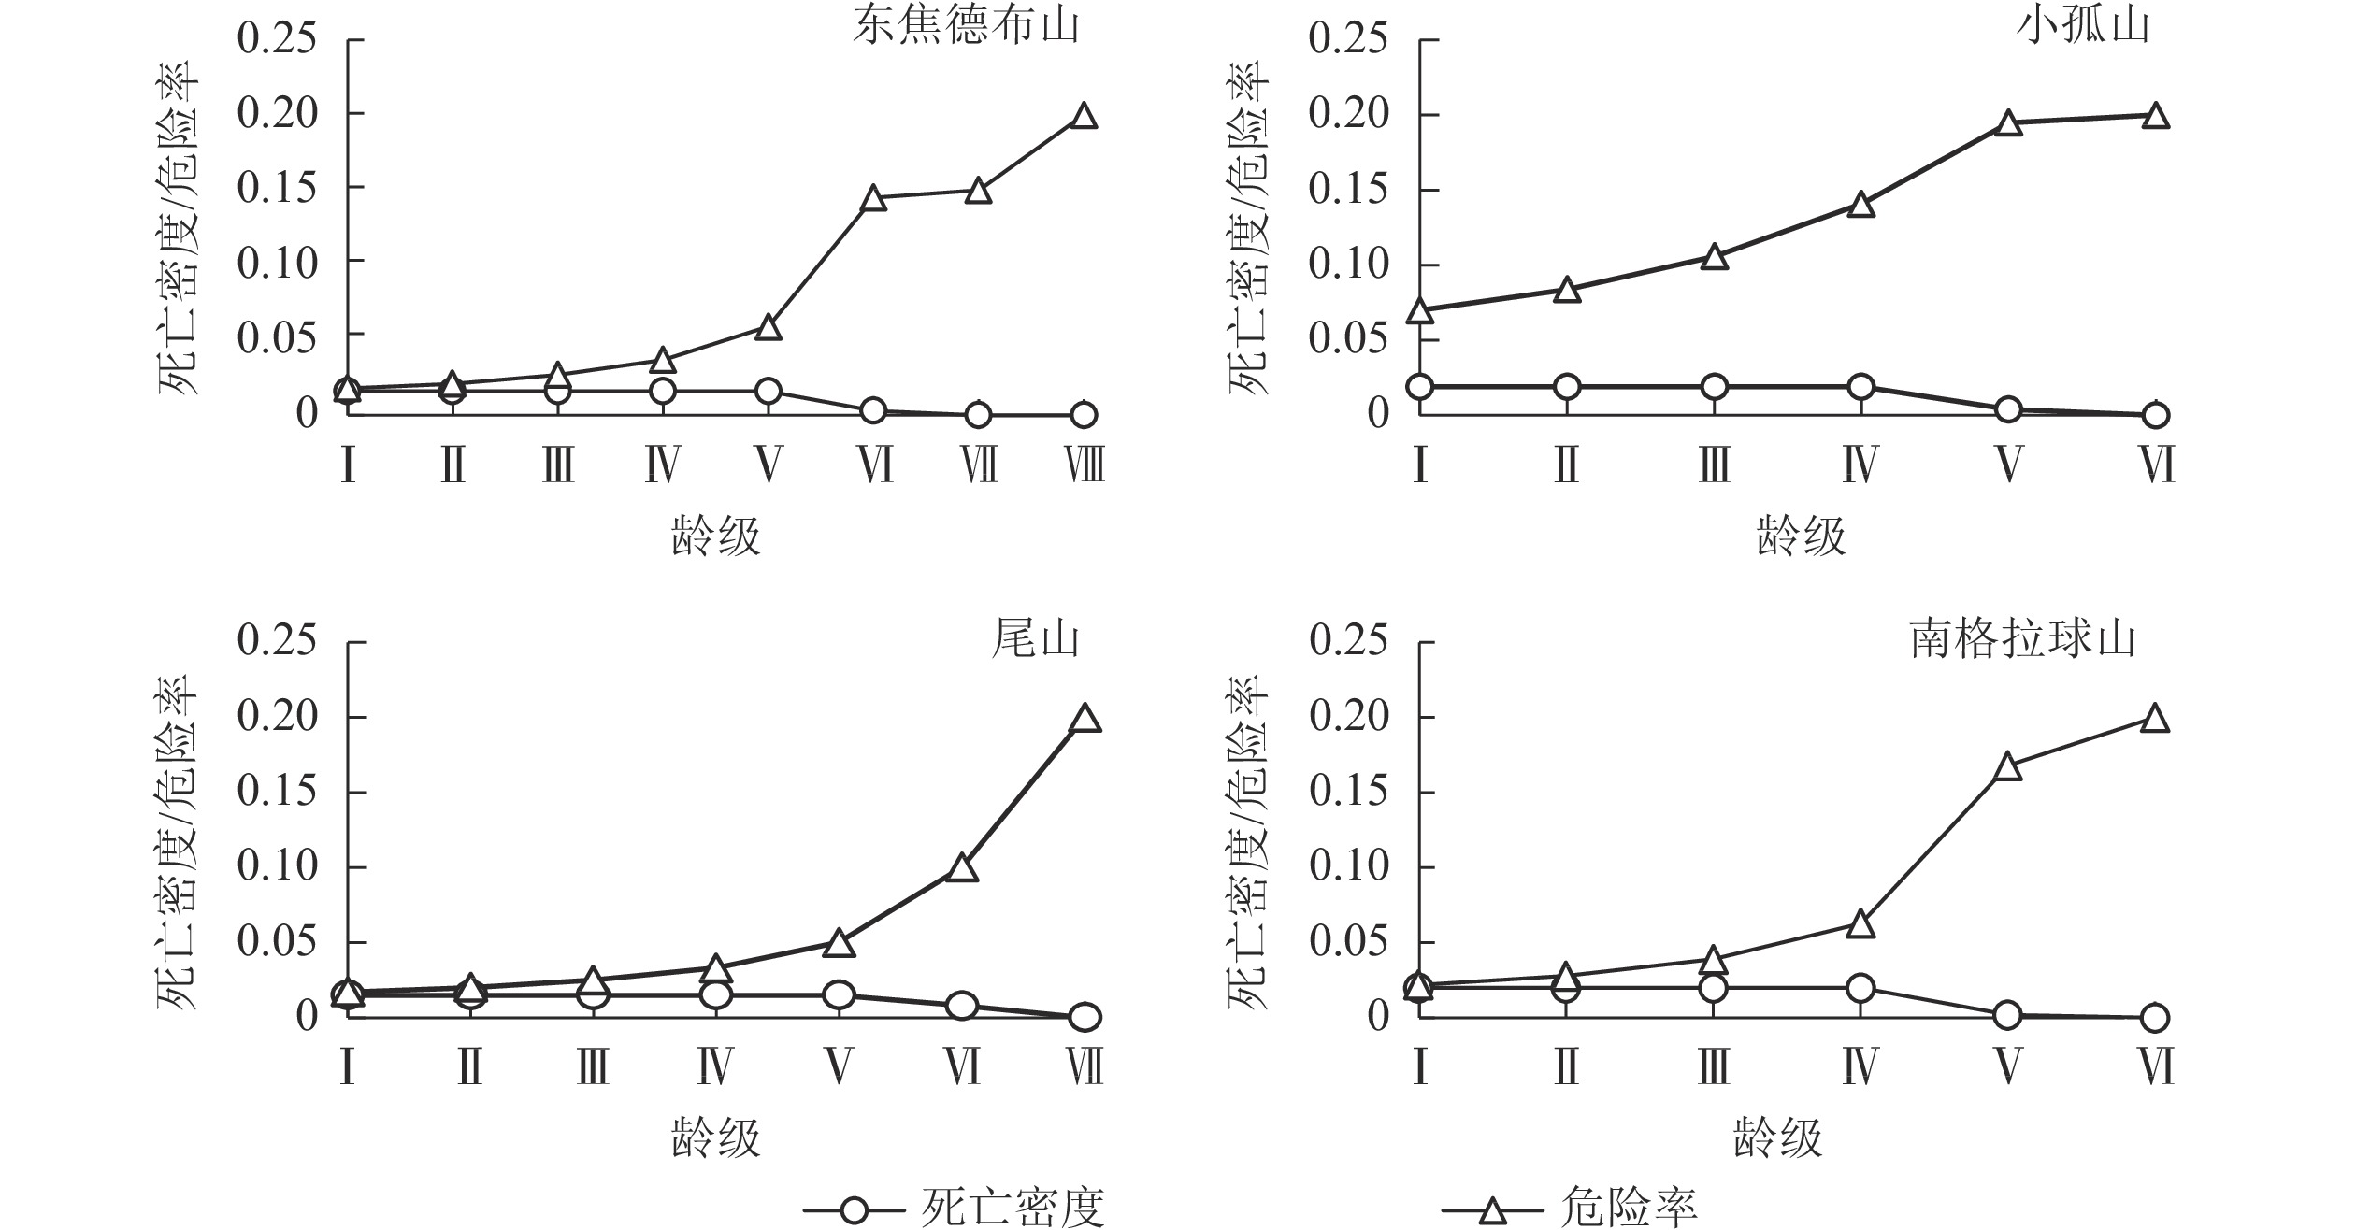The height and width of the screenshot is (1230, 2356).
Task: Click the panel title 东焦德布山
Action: (965, 26)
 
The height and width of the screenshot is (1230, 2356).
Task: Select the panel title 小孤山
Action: (2083, 26)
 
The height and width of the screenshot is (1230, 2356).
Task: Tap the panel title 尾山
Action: (1035, 640)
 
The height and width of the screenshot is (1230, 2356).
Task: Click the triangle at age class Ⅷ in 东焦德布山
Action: (1084, 118)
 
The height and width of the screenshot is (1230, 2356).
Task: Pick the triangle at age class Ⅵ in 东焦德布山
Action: (873, 199)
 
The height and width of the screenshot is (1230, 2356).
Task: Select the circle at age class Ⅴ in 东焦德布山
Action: (768, 391)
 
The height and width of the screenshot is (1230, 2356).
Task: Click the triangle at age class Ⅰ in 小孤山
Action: (1420, 311)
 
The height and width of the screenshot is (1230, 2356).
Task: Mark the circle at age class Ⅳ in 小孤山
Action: (1860, 387)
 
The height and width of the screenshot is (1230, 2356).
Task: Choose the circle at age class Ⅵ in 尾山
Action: (961, 1007)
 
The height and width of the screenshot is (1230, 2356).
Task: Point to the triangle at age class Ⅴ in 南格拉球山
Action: (2008, 768)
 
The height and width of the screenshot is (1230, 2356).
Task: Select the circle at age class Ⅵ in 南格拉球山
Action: (2155, 1018)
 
